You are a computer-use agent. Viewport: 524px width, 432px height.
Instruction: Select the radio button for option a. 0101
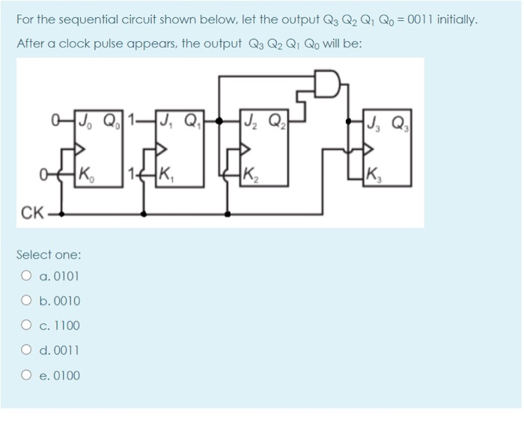pos(26,275)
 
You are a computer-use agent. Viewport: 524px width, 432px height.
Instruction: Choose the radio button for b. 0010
pos(26,301)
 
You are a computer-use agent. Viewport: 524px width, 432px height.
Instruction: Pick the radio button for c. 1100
pos(26,325)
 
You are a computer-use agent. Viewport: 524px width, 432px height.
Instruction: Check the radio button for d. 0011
pos(26,350)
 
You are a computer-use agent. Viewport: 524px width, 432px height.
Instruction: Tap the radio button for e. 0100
pos(26,375)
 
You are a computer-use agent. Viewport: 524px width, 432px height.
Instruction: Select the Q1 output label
pos(192,121)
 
